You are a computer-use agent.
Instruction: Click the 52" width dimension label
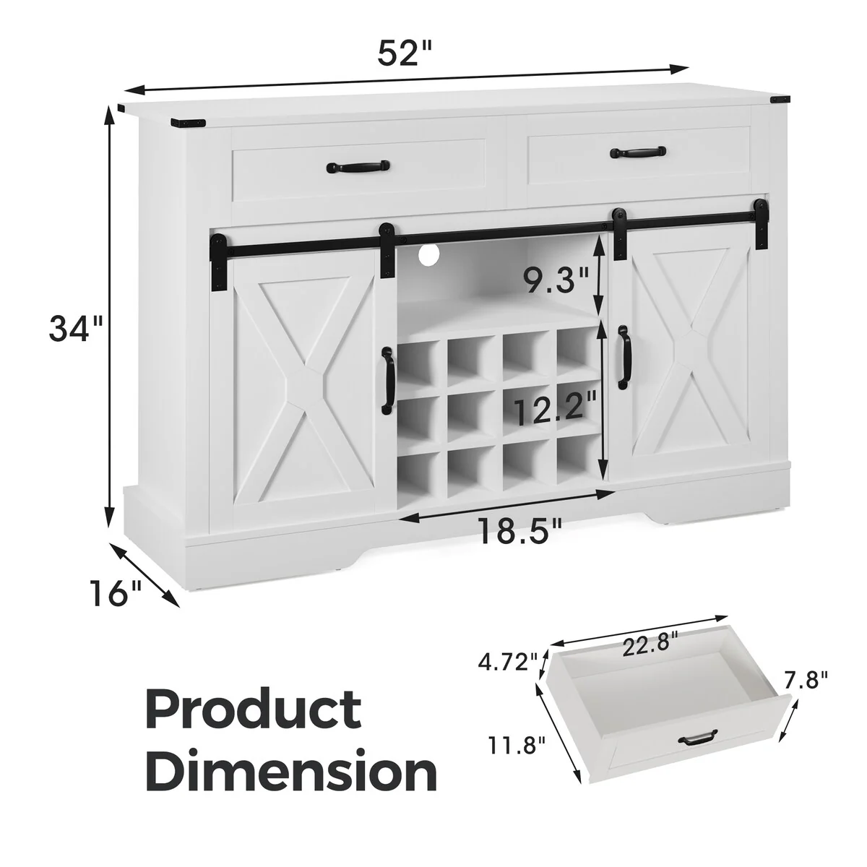404,53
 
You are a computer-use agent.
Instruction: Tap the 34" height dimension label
76,329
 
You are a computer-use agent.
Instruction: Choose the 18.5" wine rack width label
519,531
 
